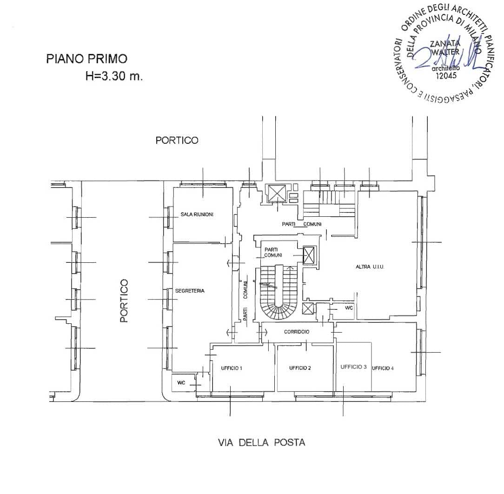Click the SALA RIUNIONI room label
pyautogui.click(x=197, y=214)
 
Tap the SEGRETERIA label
pyautogui.click(x=190, y=291)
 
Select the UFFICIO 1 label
pyautogui.click(x=232, y=368)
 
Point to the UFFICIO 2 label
pyautogui.click(x=300, y=368)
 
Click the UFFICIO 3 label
pyautogui.click(x=353, y=367)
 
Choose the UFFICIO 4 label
pyautogui.click(x=383, y=368)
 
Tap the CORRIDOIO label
pyautogui.click(x=297, y=332)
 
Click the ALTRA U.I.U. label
pyautogui.click(x=370, y=267)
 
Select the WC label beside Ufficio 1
pyautogui.click(x=181, y=383)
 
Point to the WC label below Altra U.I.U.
pyautogui.click(x=349, y=308)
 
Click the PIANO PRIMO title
pyautogui.click(x=87, y=59)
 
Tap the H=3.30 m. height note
pyautogui.click(x=114, y=76)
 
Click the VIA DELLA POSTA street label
pyautogui.click(x=262, y=442)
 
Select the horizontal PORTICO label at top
pyautogui.click(x=177, y=140)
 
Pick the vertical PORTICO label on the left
pyautogui.click(x=124, y=300)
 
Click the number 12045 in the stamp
pyautogui.click(x=446, y=75)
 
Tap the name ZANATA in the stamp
pyautogui.click(x=445, y=43)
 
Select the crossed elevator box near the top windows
pyautogui.click(x=277, y=193)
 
